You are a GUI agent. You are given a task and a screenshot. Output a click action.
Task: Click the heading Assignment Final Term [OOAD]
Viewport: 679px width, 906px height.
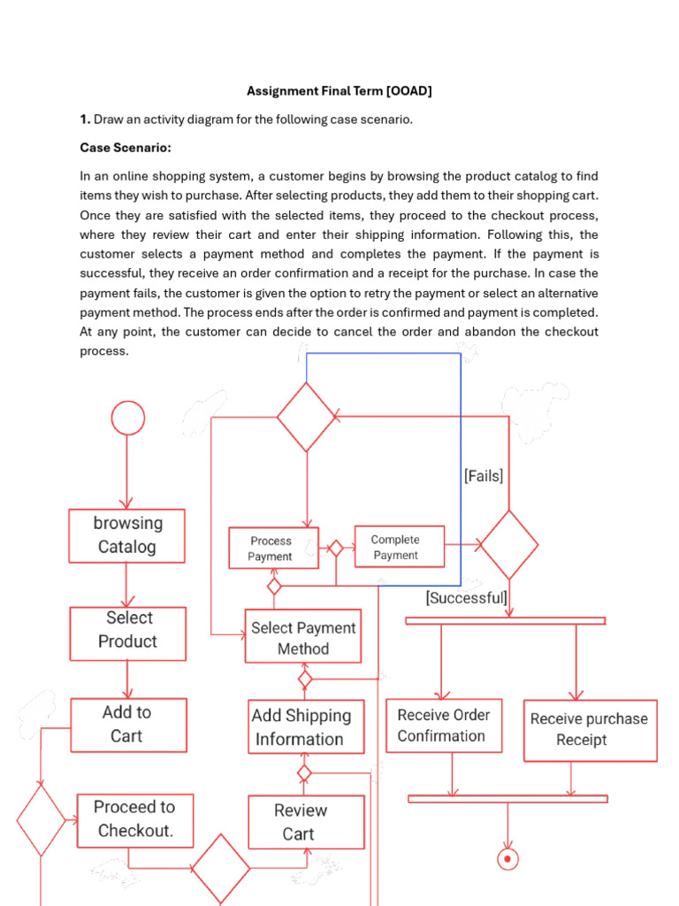click(x=339, y=91)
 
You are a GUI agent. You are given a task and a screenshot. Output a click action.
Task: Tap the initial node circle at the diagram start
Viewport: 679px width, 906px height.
click(x=128, y=418)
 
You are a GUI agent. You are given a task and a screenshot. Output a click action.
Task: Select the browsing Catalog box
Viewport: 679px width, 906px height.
click(x=127, y=535)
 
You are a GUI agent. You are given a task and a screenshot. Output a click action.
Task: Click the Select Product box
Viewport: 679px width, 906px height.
click(x=128, y=633)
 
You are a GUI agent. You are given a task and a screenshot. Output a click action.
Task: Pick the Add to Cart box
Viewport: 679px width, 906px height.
click(x=128, y=725)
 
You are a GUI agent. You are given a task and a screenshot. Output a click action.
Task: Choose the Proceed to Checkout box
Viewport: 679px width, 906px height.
click(x=134, y=818)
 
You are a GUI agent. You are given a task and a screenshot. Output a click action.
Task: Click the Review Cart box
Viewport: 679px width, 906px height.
click(x=306, y=822)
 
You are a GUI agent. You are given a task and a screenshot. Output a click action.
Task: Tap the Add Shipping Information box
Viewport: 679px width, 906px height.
click(x=306, y=727)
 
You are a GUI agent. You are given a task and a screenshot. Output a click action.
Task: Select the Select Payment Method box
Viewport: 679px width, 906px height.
click(x=303, y=637)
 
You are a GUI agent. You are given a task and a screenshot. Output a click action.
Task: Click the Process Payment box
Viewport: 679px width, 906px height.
click(x=273, y=549)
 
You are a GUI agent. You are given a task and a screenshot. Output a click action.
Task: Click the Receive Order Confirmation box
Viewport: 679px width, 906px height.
click(x=444, y=726)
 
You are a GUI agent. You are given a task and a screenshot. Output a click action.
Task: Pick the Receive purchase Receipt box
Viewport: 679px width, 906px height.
click(x=590, y=730)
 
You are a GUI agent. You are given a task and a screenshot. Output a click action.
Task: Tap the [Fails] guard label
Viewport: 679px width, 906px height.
click(x=484, y=476)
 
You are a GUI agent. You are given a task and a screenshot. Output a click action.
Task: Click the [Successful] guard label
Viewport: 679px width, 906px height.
click(x=467, y=598)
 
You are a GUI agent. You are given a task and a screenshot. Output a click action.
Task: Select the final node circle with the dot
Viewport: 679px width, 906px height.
click(x=507, y=858)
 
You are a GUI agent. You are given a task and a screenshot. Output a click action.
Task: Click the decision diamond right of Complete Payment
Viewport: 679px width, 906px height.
click(x=508, y=545)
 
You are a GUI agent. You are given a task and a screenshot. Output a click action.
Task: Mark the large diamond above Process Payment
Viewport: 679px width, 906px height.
click(x=307, y=417)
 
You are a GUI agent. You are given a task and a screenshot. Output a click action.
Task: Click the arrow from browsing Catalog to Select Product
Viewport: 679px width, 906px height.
click(x=127, y=585)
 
